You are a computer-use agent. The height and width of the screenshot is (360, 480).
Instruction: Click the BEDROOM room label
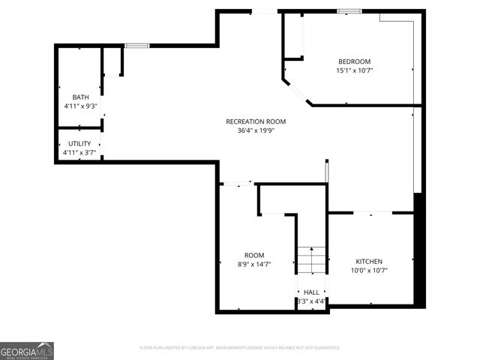pos(354,61)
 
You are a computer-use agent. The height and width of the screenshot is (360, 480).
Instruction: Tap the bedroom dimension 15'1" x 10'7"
pos(354,70)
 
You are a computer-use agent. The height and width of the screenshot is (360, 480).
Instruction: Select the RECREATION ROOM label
pos(256,121)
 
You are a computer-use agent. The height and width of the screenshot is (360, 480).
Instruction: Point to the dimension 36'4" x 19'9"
pos(256,130)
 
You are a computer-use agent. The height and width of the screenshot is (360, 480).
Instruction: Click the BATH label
pos(80,97)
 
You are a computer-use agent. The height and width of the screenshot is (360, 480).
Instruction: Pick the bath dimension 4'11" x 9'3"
pos(80,106)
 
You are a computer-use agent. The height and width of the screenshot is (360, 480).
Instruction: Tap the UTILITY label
pos(79,143)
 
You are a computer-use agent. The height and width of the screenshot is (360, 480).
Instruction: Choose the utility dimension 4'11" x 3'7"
pos(79,153)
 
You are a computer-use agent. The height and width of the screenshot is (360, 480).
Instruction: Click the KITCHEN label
pos(369,261)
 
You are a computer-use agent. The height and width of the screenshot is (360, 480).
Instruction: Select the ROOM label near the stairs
pos(254,255)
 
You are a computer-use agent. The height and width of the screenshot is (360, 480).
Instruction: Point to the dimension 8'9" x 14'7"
pos(254,264)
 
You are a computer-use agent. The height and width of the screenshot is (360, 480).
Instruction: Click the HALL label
pos(311,292)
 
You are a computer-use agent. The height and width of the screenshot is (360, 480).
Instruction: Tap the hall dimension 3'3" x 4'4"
pos(311,301)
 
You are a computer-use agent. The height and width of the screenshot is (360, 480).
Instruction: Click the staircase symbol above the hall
pos(311,260)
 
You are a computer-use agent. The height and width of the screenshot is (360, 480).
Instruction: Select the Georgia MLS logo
pos(27,351)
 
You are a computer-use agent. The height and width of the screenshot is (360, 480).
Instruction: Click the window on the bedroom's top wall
pos(349,11)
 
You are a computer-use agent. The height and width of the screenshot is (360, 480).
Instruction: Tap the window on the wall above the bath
pos(136,46)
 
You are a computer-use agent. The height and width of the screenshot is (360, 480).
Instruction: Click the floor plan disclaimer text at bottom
pos(240,348)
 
